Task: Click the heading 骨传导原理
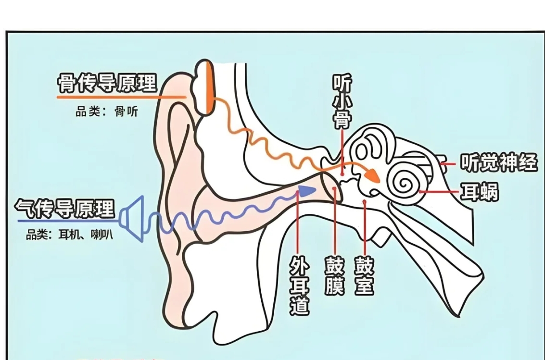[x=107, y=83]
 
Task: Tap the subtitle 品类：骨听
[x=106, y=112]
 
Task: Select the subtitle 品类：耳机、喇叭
[x=69, y=235]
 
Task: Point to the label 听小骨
[x=342, y=101]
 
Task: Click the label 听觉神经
[x=498, y=163]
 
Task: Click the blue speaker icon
[x=132, y=218]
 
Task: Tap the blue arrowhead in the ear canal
[x=306, y=190]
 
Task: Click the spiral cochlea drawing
[x=406, y=182]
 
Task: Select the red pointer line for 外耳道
[x=298, y=226]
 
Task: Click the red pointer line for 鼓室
[x=365, y=226]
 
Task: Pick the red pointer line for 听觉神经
[x=447, y=163]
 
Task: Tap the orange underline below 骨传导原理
[x=120, y=97]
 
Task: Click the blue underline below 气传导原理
[x=67, y=221]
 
